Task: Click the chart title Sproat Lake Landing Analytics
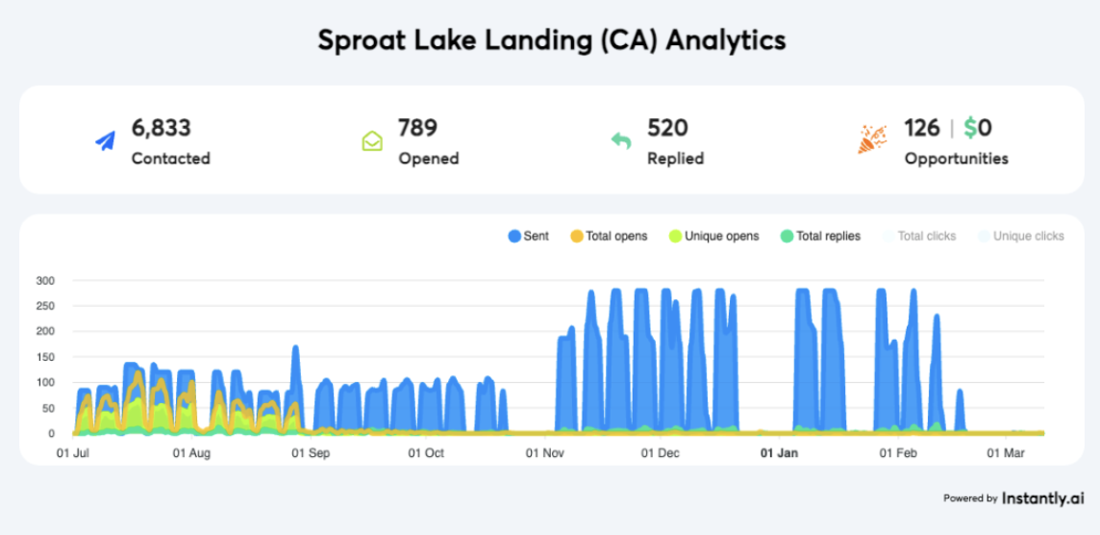551,40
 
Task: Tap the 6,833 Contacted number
162,128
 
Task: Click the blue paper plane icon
105,141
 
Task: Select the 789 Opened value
417,128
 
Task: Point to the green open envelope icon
372,141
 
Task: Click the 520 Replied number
667,128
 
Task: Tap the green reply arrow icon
621,141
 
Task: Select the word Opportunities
956,159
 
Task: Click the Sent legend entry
528,236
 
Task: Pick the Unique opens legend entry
713,236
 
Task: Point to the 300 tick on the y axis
45,281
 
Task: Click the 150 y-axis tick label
45,357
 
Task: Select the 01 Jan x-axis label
779,451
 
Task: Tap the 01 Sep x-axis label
311,451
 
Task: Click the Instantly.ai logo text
1043,498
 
